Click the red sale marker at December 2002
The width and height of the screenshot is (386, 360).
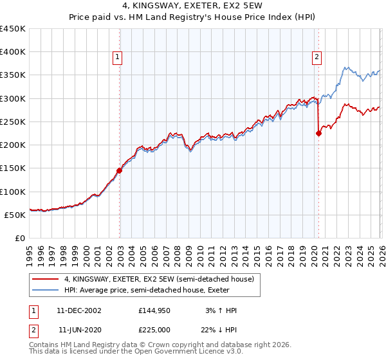pyautogui.click(x=120, y=170)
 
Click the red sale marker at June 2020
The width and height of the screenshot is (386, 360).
pyautogui.click(x=318, y=134)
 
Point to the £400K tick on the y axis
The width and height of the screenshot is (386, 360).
pyautogui.click(x=13, y=52)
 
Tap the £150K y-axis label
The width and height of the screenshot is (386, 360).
pyautogui.click(x=13, y=168)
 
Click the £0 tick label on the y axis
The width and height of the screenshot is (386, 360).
pyautogui.click(x=19, y=239)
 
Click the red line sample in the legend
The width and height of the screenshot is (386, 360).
pyautogui.click(x=46, y=279)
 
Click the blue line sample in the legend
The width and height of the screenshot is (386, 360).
pyautogui.click(x=46, y=290)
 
